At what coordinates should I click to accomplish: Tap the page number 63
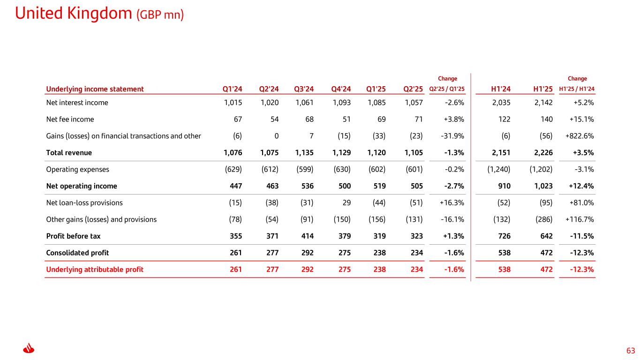630,351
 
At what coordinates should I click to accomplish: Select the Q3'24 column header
304,89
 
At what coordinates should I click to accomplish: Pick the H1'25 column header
542,89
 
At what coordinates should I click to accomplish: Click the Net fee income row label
70,119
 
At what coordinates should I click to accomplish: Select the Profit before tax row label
73,236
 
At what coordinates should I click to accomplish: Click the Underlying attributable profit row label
95,270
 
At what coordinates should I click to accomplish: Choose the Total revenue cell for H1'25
542,152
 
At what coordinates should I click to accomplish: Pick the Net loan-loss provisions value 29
346,202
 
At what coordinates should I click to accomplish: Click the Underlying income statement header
95,89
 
